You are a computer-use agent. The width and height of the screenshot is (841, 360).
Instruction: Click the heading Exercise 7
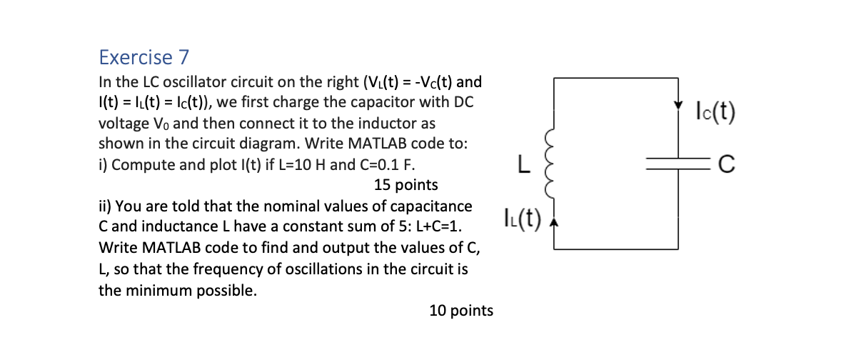click(x=136, y=57)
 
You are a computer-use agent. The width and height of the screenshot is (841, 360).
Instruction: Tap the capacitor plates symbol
click(x=677, y=166)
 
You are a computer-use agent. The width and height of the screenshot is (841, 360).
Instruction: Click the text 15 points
click(x=406, y=186)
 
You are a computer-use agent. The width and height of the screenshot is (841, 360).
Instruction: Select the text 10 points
click(x=461, y=311)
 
